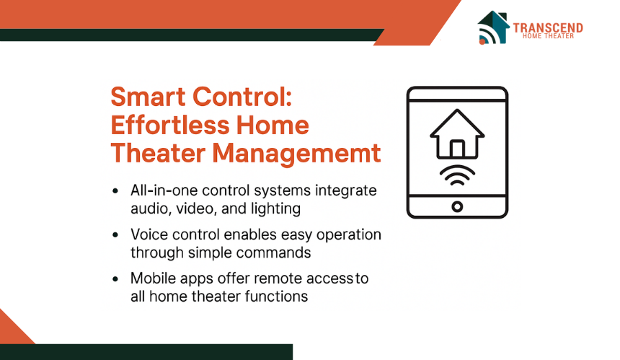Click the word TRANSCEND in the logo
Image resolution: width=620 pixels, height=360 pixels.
pyautogui.click(x=548, y=27)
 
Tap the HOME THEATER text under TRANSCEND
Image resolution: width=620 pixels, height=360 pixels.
pyautogui.click(x=548, y=36)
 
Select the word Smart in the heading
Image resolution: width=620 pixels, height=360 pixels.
pyautogui.click(x=149, y=97)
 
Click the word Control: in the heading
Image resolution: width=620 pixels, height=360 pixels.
pyautogui.click(x=242, y=97)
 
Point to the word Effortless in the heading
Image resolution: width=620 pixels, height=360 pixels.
pyautogui.click(x=170, y=125)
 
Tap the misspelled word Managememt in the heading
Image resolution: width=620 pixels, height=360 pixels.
pyautogui.click(x=296, y=154)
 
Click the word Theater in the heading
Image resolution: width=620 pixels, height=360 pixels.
pyautogui.click(x=158, y=153)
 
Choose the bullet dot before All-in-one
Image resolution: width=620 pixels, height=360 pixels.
pyautogui.click(x=115, y=191)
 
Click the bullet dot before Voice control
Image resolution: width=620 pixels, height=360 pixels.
pyautogui.click(x=115, y=235)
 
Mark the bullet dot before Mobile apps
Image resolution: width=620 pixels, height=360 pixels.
pyautogui.click(x=115, y=279)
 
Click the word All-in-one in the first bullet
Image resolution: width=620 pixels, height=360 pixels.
pyautogui.click(x=164, y=190)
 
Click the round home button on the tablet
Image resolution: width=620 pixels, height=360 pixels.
pyautogui.click(x=457, y=206)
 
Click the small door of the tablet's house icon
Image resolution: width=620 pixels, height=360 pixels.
pyautogui.click(x=457, y=149)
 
